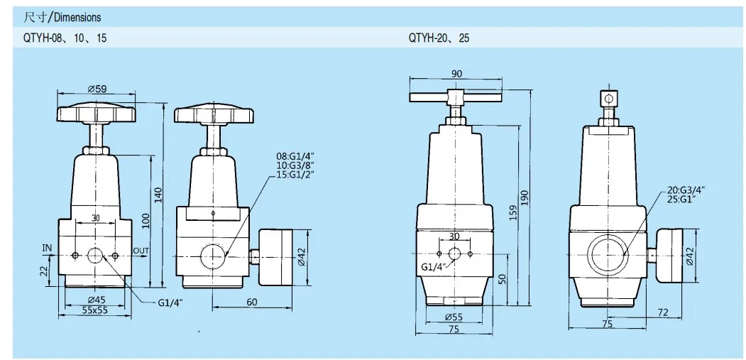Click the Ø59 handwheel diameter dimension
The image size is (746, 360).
97,89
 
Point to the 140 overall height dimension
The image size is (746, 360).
158,194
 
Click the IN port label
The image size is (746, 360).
47,248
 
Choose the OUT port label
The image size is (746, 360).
141,251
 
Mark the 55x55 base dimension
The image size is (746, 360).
94,310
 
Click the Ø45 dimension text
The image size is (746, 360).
96,300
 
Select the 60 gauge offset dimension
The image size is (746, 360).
252,302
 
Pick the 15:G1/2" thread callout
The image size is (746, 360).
295,173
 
